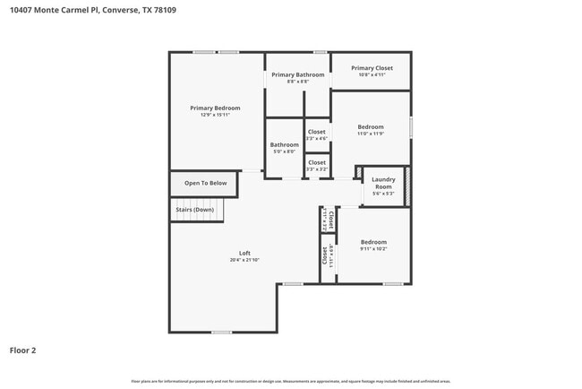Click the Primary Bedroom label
(x=215, y=108)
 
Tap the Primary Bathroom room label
(x=297, y=74)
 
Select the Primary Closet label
(x=372, y=68)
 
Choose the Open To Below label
(x=206, y=183)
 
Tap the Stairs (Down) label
(x=194, y=210)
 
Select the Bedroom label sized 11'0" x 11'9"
(x=371, y=126)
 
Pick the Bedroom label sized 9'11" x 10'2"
(x=373, y=242)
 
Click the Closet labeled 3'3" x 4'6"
(x=317, y=132)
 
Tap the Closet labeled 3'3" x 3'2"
(x=317, y=162)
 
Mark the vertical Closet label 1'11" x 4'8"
(x=326, y=255)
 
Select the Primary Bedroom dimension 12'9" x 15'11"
(x=215, y=115)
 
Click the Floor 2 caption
(x=22, y=350)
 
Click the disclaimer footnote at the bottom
(x=291, y=381)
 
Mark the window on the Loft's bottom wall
(x=222, y=332)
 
